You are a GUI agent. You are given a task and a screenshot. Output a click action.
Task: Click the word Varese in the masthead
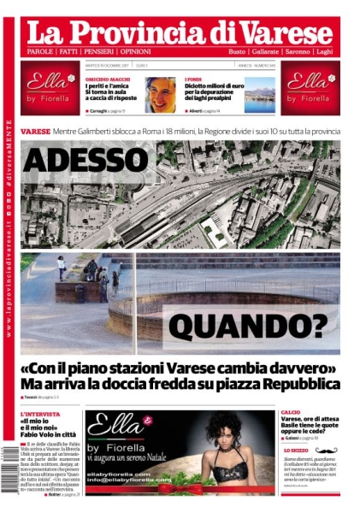pos(281,32)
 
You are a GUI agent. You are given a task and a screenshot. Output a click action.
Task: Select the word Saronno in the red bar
pos(296,53)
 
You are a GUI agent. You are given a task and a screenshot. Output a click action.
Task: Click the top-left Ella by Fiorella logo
pos(50,87)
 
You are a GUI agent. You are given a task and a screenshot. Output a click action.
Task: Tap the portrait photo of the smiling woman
pos(160,95)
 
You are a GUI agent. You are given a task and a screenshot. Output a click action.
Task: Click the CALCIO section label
pos(290,413)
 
